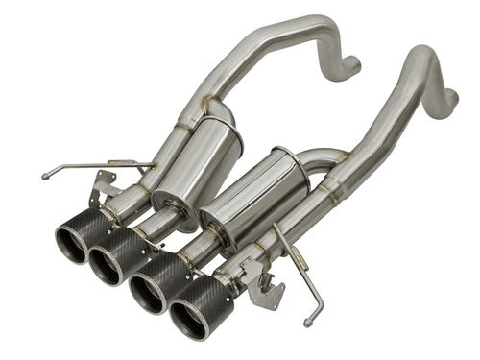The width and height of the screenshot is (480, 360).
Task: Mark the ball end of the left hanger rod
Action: [45, 176]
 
